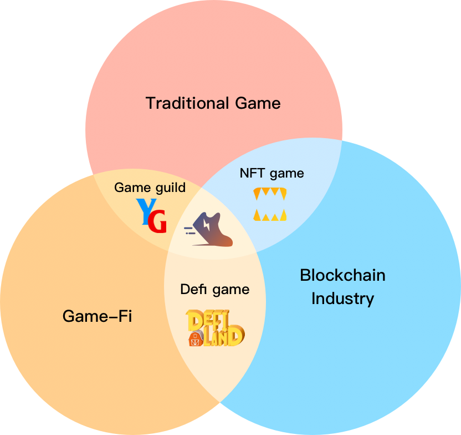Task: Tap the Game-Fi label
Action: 97,316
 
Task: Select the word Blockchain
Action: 342,275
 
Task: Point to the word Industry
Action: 342,299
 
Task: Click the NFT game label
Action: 272,173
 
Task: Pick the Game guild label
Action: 150,188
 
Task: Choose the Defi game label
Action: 215,289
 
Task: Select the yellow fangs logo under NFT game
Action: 270,204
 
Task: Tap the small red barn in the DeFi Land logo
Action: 195,338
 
